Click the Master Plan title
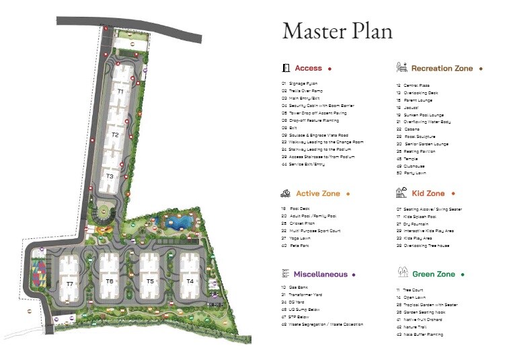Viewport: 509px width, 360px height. pyautogui.click(x=337, y=30)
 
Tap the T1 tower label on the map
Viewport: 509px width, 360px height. pyautogui.click(x=120, y=90)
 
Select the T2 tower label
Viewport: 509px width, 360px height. pyautogui.click(x=115, y=135)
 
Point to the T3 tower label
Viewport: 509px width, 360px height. pyautogui.click(x=110, y=176)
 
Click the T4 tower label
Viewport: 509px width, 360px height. pyautogui.click(x=190, y=281)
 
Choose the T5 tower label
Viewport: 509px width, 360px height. pyautogui.click(x=150, y=281)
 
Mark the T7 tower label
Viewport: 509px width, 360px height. pyautogui.click(x=69, y=284)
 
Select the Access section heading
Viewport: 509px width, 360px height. pyautogui.click(x=308, y=68)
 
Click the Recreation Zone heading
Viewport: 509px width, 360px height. pyautogui.click(x=442, y=68)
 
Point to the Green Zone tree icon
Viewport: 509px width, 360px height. pyautogui.click(x=401, y=273)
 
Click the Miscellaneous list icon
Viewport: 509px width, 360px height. pyautogui.click(x=286, y=274)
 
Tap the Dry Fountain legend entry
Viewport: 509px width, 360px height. pyautogui.click(x=416, y=223)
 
